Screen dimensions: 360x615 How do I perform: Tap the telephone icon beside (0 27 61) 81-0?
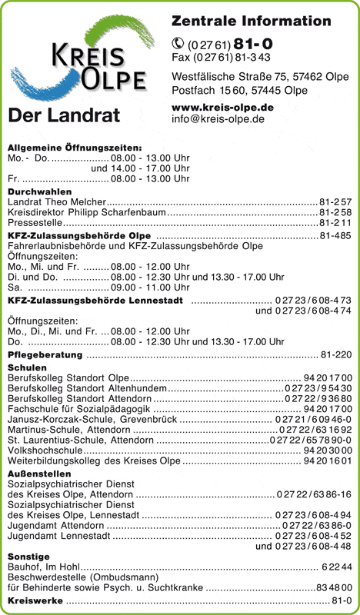tap(178, 44)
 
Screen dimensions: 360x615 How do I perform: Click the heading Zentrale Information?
tap(251, 21)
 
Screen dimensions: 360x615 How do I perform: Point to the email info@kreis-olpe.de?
tap(218, 119)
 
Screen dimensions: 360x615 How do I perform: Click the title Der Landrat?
tap(64, 117)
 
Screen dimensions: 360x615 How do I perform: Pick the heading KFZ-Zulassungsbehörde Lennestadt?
tap(95, 300)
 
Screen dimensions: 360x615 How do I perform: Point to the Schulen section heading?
tap(27, 368)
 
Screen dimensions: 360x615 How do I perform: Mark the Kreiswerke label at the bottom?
tap(35, 600)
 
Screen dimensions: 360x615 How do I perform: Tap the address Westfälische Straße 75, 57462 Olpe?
tap(260, 77)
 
